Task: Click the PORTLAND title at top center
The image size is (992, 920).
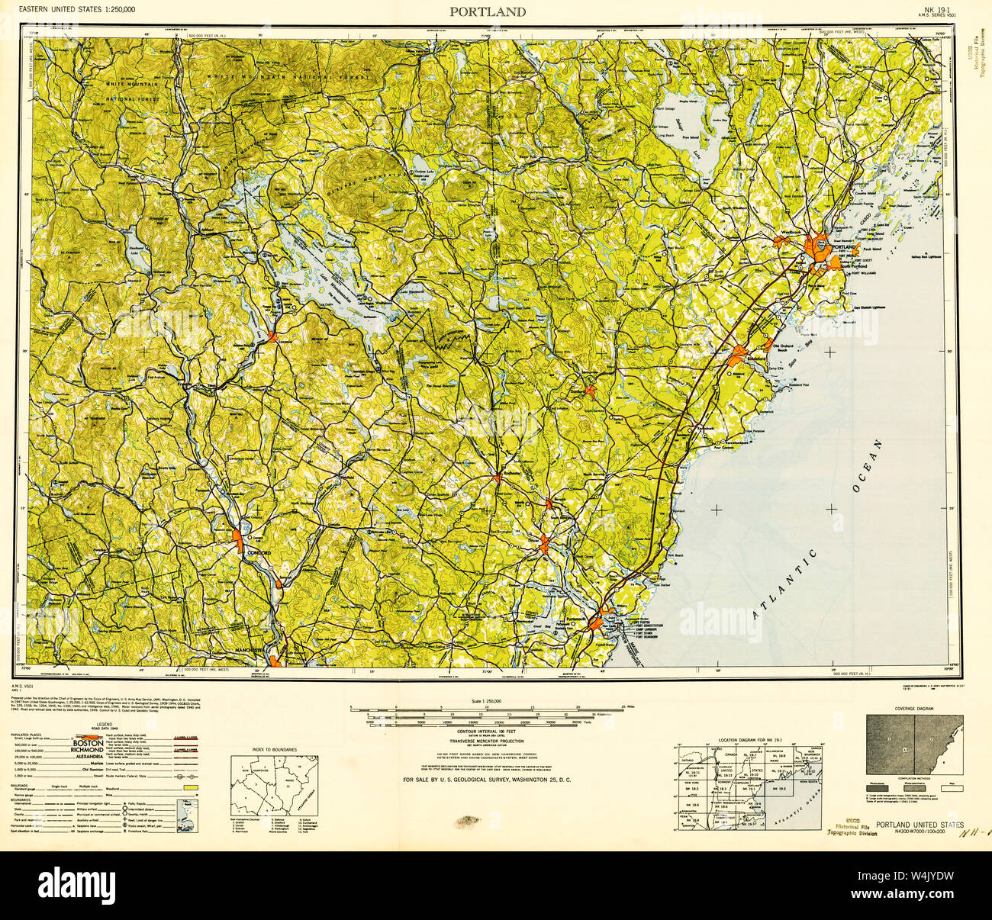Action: [487, 11]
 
